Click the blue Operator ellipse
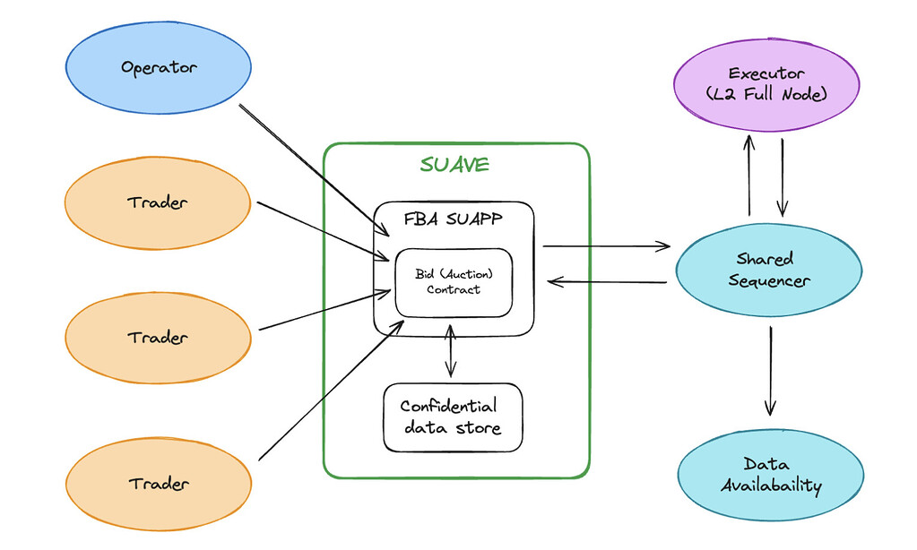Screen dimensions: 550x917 coord(159,67)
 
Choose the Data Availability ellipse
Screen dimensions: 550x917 coord(770,476)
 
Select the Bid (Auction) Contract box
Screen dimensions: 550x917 coord(454,282)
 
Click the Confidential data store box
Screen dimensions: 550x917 coord(452,417)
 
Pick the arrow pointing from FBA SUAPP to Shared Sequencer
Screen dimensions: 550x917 coord(607,244)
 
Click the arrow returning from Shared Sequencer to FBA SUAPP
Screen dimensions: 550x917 coord(607,282)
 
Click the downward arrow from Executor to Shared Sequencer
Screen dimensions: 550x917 coord(783,176)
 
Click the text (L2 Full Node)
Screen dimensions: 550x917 coord(766,93)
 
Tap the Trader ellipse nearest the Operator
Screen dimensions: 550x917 coord(158,202)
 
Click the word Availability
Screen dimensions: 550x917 coord(770,486)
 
